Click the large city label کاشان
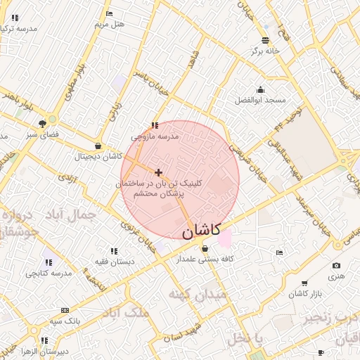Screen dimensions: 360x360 click(x=202, y=230)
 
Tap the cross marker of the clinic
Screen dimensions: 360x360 click(x=158, y=172)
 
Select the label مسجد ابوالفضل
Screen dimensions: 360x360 click(x=261, y=101)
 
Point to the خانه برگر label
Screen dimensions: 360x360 click(x=266, y=51)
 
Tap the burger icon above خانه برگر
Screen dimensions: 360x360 click(x=265, y=40)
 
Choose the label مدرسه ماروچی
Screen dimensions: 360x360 click(x=155, y=136)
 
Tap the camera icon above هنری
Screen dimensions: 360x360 click(x=336, y=265)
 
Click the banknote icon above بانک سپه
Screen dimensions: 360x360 click(x=65, y=310)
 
